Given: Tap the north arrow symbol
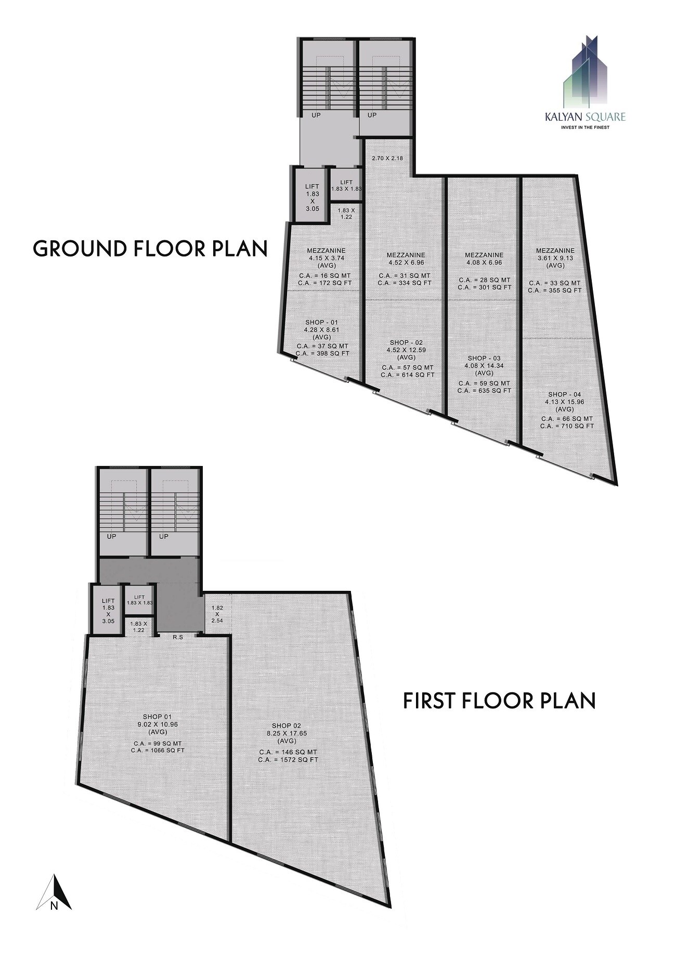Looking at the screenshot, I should [54, 529].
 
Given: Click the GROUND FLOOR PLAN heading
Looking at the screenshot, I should [150, 249].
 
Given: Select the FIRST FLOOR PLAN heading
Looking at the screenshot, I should [499, 701].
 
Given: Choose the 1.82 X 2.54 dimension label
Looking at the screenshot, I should [217, 614].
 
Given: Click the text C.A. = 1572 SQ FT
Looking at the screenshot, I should [288, 760].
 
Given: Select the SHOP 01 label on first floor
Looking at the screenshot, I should [158, 716].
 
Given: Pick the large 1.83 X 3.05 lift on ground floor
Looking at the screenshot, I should [312, 194].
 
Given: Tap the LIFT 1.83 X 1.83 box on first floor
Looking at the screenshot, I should [139, 600].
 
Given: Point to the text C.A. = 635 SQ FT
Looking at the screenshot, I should [484, 391].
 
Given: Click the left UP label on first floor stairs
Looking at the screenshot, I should [112, 536].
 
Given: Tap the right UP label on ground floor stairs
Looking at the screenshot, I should [372, 115].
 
